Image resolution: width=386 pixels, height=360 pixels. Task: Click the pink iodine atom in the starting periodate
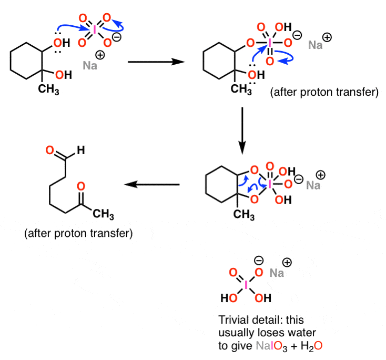[x=94, y=31]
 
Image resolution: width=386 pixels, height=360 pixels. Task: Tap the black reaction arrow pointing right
[x=156, y=62]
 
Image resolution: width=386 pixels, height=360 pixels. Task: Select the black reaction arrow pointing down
[x=242, y=131]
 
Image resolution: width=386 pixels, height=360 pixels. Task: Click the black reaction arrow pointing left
[x=152, y=184]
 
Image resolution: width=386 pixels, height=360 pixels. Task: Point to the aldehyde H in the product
[x=81, y=150]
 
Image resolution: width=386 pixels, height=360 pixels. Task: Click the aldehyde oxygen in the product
[x=50, y=150]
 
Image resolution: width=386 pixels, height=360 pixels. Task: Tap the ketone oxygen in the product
[x=81, y=186]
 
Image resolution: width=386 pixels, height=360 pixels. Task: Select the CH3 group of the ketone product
[x=103, y=214]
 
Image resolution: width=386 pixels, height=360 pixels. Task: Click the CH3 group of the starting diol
[x=48, y=89]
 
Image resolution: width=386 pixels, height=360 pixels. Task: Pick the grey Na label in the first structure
[x=90, y=66]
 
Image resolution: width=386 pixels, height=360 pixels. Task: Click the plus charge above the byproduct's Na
[x=287, y=263]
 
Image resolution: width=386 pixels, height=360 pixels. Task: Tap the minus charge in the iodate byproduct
[x=259, y=260]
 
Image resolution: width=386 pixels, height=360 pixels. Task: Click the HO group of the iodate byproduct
[x=229, y=298]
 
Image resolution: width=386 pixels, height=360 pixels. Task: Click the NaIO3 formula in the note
[x=271, y=346]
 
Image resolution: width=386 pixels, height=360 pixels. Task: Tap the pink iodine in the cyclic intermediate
[x=270, y=184]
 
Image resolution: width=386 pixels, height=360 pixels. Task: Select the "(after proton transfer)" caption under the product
[x=78, y=233]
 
